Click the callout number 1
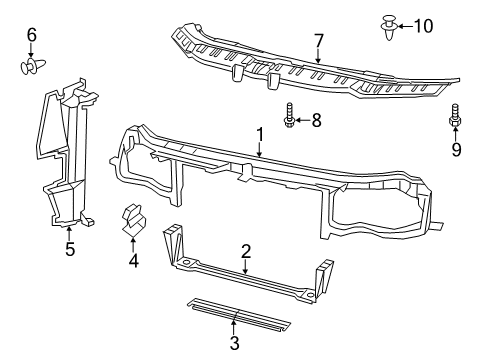(x=259, y=133)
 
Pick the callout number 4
(x=133, y=263)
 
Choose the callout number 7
(x=318, y=41)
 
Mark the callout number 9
(x=455, y=151)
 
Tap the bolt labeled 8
(x=289, y=117)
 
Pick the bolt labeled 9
(x=455, y=119)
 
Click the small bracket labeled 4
(x=132, y=221)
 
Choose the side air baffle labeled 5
(x=65, y=160)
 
